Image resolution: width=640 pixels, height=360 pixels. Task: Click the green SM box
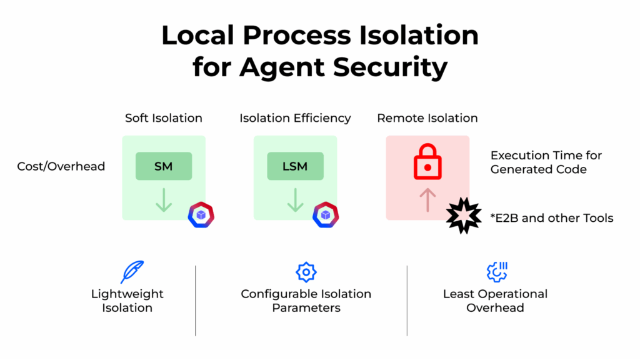pos(164,166)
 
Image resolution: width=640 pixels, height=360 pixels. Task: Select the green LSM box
pos(295,166)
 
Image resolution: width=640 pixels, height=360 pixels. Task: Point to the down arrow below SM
pos(164,201)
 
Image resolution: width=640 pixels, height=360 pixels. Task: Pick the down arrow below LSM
pos(295,201)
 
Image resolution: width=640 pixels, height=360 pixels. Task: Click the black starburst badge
pos(464,217)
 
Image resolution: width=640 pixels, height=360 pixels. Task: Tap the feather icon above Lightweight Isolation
pos(131,272)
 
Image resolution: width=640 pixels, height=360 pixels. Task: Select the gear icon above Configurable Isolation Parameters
pos(306,272)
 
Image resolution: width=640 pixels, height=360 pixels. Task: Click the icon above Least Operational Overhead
pos(496,272)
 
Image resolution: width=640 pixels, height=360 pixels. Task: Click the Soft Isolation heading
pos(164,118)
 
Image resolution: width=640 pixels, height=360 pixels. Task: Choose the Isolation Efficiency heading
pos(295,118)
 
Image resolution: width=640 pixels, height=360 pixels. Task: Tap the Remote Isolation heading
pos(427,118)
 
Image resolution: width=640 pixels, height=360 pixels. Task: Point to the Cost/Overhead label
pos(61,167)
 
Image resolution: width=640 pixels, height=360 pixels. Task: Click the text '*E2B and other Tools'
pos(552,218)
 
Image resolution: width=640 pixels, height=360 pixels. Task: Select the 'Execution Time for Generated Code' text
pos(546,162)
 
